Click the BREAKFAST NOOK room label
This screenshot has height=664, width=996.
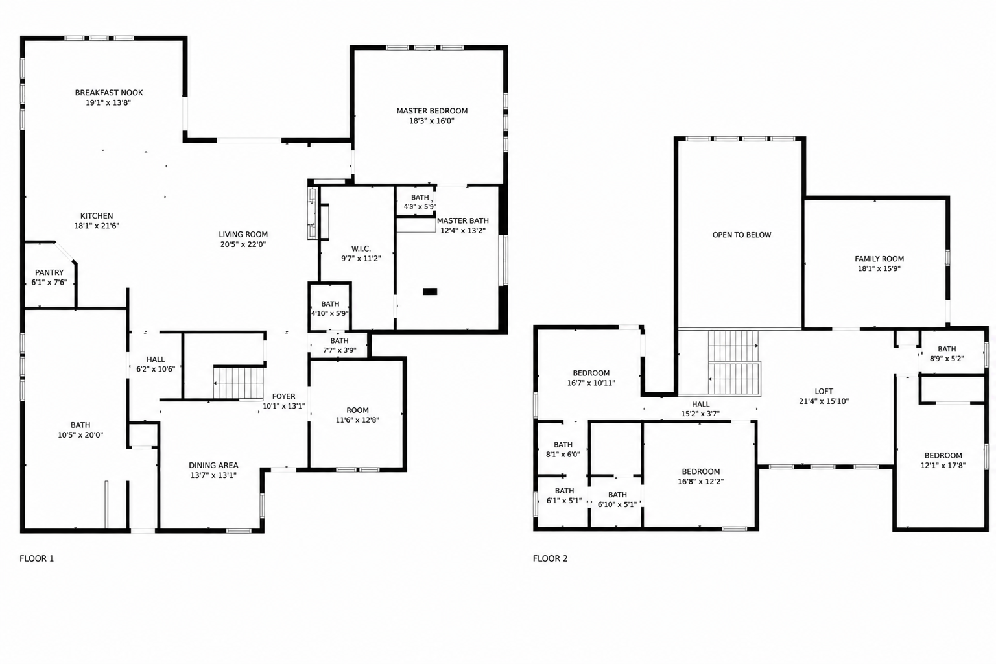coord(109,93)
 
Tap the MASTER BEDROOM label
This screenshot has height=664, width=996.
coord(432,111)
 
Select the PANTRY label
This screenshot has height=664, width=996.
coord(49,272)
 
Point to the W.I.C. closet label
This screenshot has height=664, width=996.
coord(361,248)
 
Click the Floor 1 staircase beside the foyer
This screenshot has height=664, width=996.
coord(239,383)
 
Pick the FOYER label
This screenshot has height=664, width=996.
coord(283,396)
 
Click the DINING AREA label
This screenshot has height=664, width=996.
coord(213,465)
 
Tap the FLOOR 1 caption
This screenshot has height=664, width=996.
coord(36,558)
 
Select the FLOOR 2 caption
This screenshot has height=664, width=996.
coord(550,558)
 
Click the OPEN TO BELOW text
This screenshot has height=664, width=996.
coord(742,235)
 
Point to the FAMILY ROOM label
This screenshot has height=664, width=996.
coord(879,259)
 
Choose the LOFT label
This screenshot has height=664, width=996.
coord(824,392)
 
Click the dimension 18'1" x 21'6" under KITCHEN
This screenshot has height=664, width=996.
coord(97,226)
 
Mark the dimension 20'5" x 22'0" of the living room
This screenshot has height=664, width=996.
coord(243,244)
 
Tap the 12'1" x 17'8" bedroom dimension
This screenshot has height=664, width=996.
coord(943,465)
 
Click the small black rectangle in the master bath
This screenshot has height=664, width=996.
coord(430,291)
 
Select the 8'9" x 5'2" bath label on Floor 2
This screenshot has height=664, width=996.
coord(947,359)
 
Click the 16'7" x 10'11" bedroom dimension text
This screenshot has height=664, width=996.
coord(591,383)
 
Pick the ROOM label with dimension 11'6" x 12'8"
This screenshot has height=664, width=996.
coord(357,410)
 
